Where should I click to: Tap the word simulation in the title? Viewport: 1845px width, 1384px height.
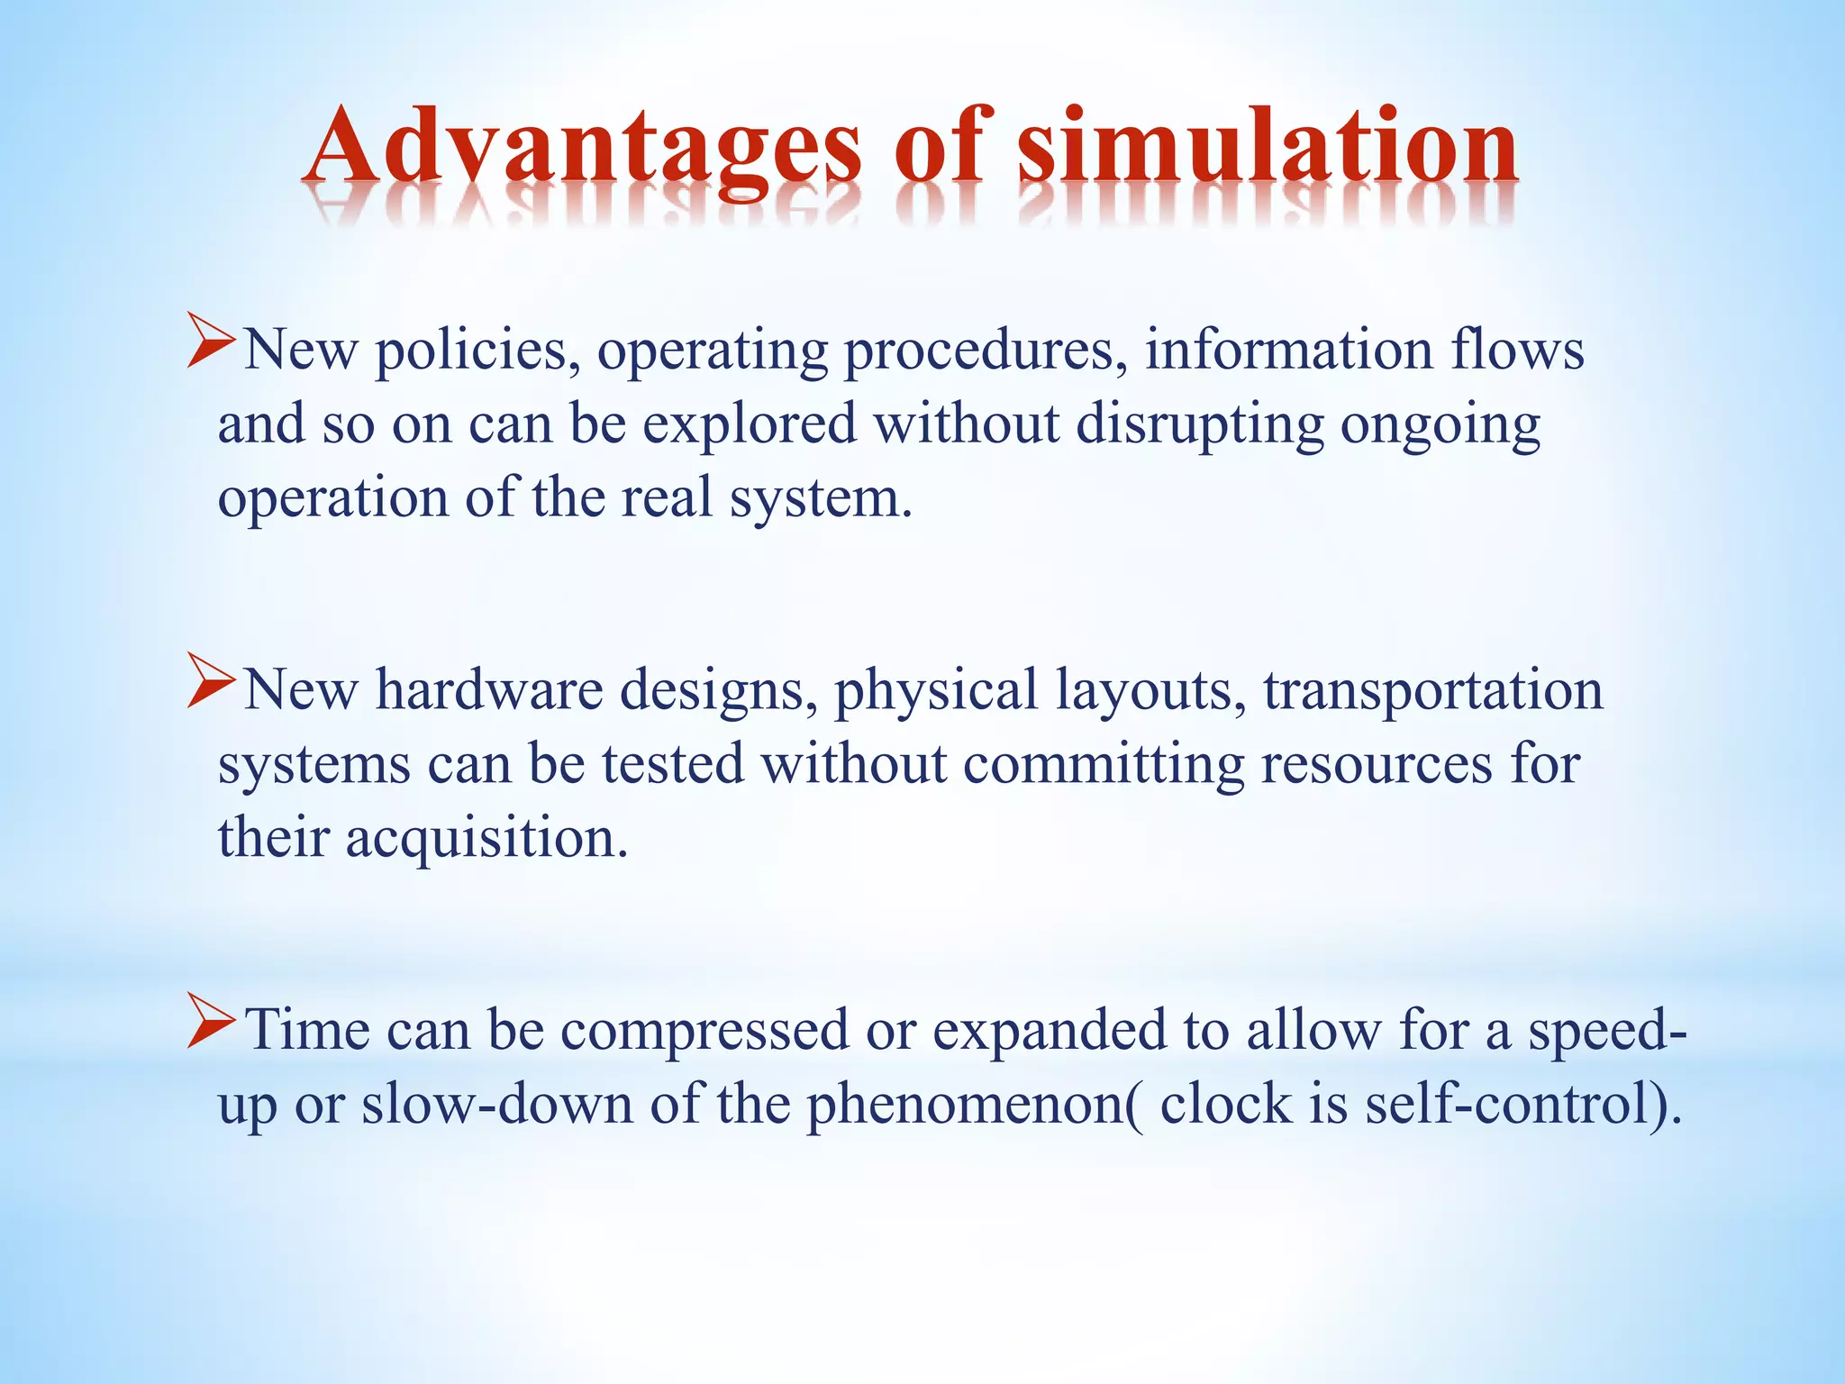pyautogui.click(x=1268, y=147)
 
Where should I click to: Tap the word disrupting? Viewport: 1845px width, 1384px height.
pyautogui.click(x=1200, y=424)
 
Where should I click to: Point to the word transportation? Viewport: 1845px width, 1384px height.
pyautogui.click(x=1432, y=691)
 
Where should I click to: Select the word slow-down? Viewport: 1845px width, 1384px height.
pyautogui.click(x=497, y=1105)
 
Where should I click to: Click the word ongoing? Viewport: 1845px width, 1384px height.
pyautogui.click(x=1441, y=424)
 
